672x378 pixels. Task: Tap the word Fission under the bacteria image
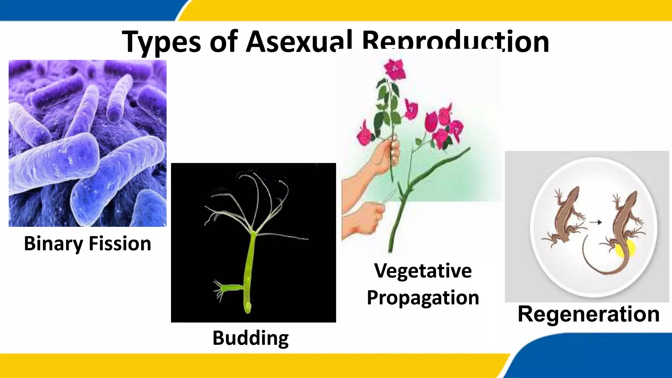(120, 244)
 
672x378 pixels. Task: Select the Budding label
(251, 338)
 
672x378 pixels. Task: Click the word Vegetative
(423, 271)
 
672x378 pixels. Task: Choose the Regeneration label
(589, 314)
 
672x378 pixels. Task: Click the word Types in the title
(161, 42)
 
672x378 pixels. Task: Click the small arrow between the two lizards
(596, 222)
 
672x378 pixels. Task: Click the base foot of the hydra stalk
(248, 307)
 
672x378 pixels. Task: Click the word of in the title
(223, 41)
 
